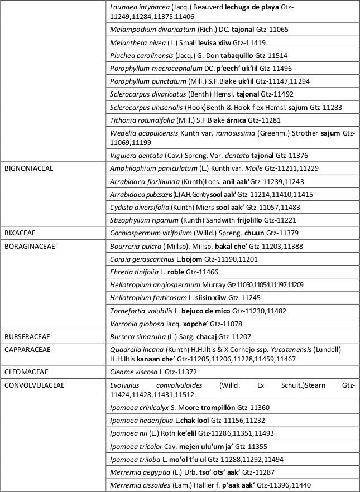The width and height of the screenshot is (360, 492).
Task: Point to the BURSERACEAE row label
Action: (27, 337)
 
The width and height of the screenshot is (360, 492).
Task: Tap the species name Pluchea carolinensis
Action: (135, 56)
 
